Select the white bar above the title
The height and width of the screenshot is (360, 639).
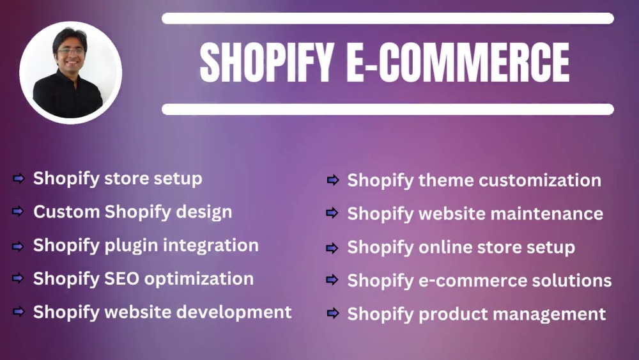(x=387, y=19)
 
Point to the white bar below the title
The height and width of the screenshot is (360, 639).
(x=387, y=109)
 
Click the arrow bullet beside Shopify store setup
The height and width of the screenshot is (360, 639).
(x=19, y=178)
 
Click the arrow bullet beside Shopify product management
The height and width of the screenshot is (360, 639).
(x=333, y=313)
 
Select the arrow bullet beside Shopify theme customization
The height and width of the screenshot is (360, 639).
(x=333, y=180)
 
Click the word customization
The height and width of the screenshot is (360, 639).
(x=540, y=180)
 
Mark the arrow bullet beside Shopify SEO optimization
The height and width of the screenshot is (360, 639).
(x=19, y=278)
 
